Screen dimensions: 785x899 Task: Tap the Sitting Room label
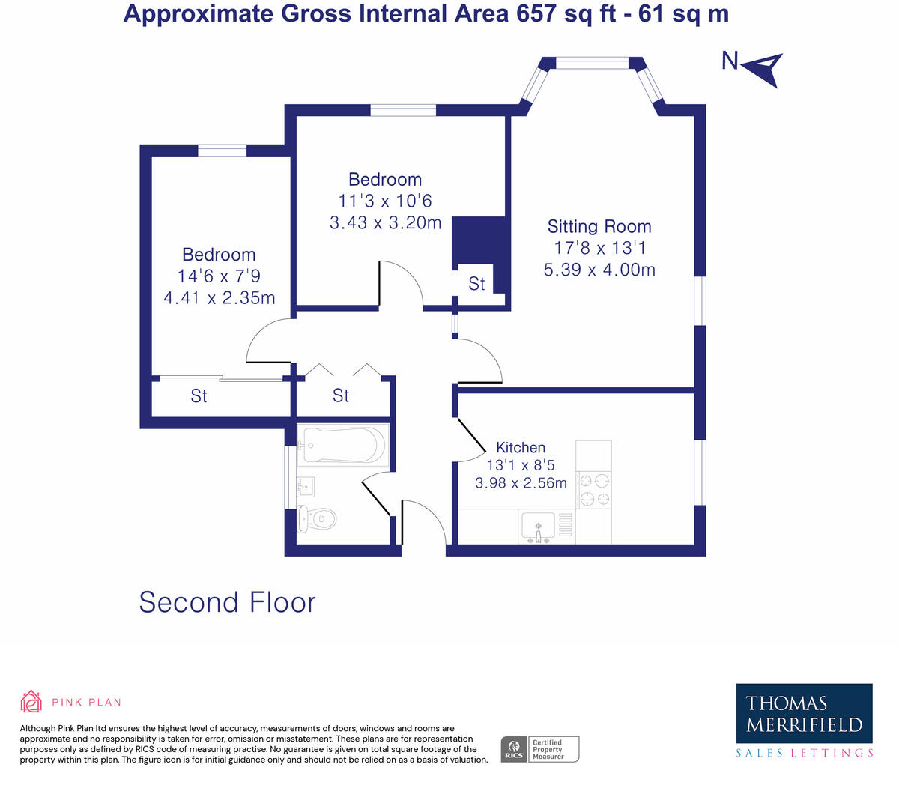click(x=599, y=226)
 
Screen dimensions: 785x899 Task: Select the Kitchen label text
click(x=521, y=447)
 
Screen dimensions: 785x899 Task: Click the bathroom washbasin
click(x=305, y=487)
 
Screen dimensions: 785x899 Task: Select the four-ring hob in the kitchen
click(x=593, y=489)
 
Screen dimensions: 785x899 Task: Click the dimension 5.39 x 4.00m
click(x=599, y=270)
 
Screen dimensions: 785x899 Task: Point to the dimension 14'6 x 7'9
click(x=219, y=276)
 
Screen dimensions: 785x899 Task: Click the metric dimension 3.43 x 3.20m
click(x=385, y=222)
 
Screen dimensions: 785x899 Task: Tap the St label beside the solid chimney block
click(x=476, y=284)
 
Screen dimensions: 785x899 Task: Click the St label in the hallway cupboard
click(x=341, y=395)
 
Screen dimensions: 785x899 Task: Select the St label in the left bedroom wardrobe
click(x=199, y=395)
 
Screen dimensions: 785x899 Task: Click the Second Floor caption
click(x=227, y=602)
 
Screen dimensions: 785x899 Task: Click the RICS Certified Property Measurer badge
click(x=539, y=749)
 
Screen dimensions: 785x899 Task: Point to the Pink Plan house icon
click(x=31, y=702)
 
